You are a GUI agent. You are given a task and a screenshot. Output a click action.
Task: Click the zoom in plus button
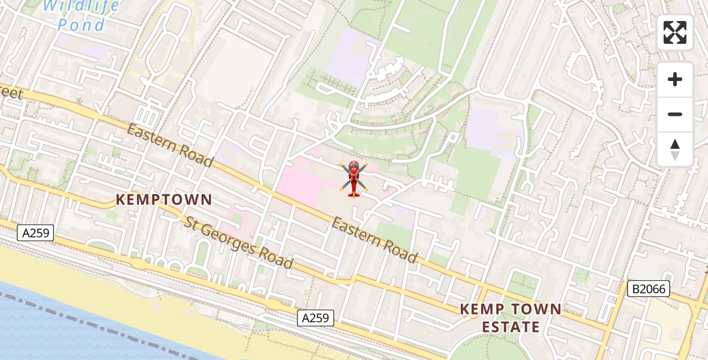(x=675, y=79)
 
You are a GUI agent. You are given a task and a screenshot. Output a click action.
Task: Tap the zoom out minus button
(x=675, y=114)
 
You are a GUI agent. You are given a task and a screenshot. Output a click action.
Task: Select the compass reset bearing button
(x=675, y=149)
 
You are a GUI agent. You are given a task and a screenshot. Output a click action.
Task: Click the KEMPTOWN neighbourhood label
(x=164, y=200)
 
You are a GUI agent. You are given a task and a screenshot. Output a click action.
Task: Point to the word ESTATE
(x=510, y=328)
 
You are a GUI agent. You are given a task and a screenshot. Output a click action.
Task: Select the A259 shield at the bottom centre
(x=316, y=318)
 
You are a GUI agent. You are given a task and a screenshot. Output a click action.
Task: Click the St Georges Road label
(x=239, y=242)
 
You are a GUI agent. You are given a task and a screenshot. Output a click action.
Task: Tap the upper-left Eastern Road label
(x=170, y=145)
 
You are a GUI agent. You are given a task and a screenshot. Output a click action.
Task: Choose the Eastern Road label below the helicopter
(x=374, y=241)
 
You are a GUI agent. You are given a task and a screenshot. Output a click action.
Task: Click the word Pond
(x=82, y=25)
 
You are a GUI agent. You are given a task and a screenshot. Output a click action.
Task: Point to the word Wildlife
(x=82, y=6)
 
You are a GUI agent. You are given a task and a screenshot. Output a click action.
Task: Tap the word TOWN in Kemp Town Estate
(x=535, y=310)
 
